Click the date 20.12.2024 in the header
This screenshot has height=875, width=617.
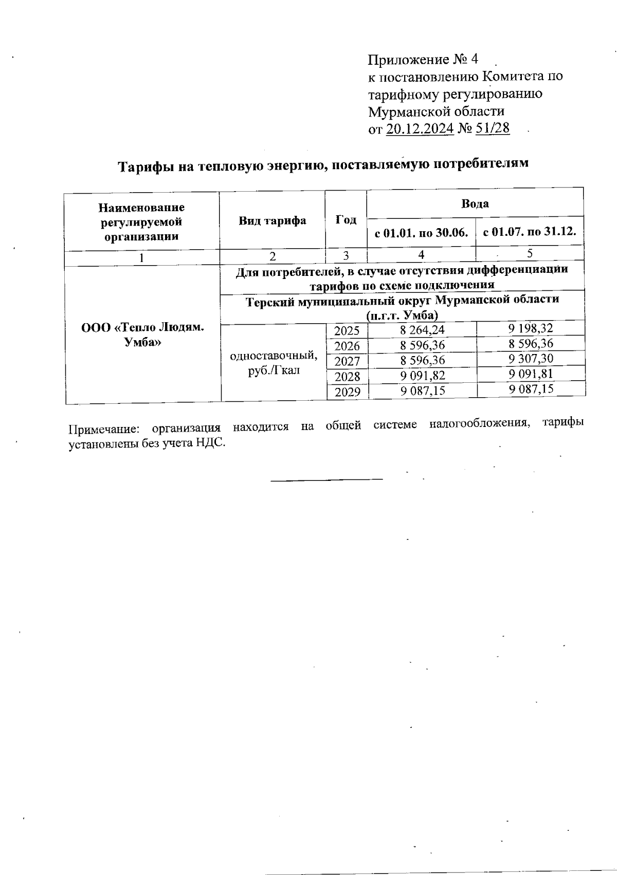(420, 128)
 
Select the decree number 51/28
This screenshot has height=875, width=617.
(493, 128)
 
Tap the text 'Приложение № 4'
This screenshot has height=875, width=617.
(423, 60)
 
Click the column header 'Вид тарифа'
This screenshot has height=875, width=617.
(272, 220)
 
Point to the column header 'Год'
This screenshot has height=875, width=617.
(346, 220)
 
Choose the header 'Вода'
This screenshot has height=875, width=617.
(475, 203)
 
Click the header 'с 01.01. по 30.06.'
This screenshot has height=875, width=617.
(421, 233)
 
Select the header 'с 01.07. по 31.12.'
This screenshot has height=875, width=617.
(529, 232)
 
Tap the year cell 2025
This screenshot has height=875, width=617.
(347, 330)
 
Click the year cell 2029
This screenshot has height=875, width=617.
(347, 393)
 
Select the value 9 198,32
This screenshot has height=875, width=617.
(531, 328)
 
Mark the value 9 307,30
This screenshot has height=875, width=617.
(531, 359)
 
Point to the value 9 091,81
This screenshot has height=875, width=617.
(531, 374)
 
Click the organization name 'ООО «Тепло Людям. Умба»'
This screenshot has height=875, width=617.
(142, 335)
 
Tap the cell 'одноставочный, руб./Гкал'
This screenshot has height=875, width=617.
(274, 362)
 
